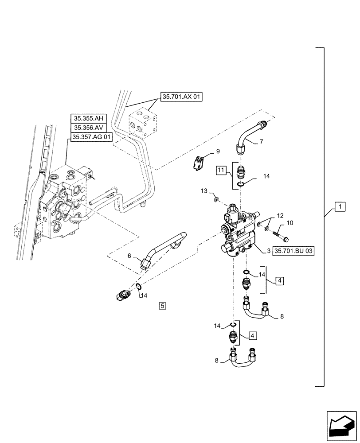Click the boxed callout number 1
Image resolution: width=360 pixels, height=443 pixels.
coord(339,207)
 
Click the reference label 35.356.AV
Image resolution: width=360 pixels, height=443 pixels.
coord(91,128)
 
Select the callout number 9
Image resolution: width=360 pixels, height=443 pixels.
coord(218,152)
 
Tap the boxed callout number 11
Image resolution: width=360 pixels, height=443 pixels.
coord(222,170)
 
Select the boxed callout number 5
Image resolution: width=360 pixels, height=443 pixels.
coord(163,305)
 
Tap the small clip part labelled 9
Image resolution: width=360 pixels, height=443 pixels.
coord(200,161)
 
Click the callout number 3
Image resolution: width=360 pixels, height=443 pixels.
coord(269,251)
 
